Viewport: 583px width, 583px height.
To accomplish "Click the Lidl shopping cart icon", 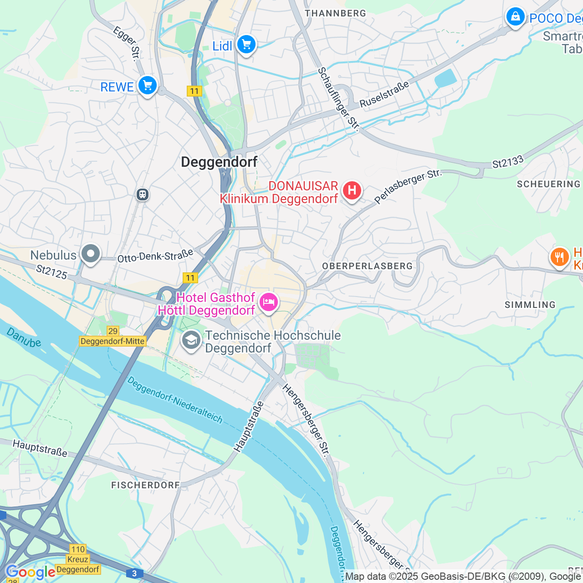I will pyautogui.click(x=246, y=45).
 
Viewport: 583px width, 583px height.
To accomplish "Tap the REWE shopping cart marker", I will pyautogui.click(x=147, y=85).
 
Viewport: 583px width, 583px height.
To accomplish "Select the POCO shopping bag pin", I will pyautogui.click(x=515, y=17).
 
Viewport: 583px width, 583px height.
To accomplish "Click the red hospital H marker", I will pyautogui.click(x=352, y=190).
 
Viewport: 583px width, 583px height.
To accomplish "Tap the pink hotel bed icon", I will pyautogui.click(x=268, y=302).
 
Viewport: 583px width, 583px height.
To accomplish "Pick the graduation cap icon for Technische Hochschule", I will pyautogui.click(x=191, y=340).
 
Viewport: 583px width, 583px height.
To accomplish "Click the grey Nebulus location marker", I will pyautogui.click(x=91, y=254).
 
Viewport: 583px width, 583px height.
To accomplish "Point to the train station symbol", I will pyautogui.click(x=143, y=194).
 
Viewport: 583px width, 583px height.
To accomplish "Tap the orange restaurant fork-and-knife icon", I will pyautogui.click(x=559, y=257).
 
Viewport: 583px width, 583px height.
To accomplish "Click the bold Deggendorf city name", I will pyautogui.click(x=219, y=162).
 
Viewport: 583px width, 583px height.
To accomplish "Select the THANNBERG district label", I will pyautogui.click(x=335, y=13).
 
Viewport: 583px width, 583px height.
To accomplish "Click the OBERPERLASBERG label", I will pyautogui.click(x=367, y=266).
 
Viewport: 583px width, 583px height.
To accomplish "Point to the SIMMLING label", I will pyautogui.click(x=530, y=305).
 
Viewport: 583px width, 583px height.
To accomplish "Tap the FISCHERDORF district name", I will pyautogui.click(x=146, y=485).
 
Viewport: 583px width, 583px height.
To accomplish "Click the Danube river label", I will pyautogui.click(x=24, y=338).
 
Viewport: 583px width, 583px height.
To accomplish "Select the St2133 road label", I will pyautogui.click(x=508, y=162).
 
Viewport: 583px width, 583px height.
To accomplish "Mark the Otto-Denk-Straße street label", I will pyautogui.click(x=155, y=256).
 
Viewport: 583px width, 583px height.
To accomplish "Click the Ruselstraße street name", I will pyautogui.click(x=384, y=95).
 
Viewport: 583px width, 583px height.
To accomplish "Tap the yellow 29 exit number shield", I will pyautogui.click(x=113, y=331).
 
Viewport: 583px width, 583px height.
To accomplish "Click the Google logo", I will pyautogui.click(x=30, y=572).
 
